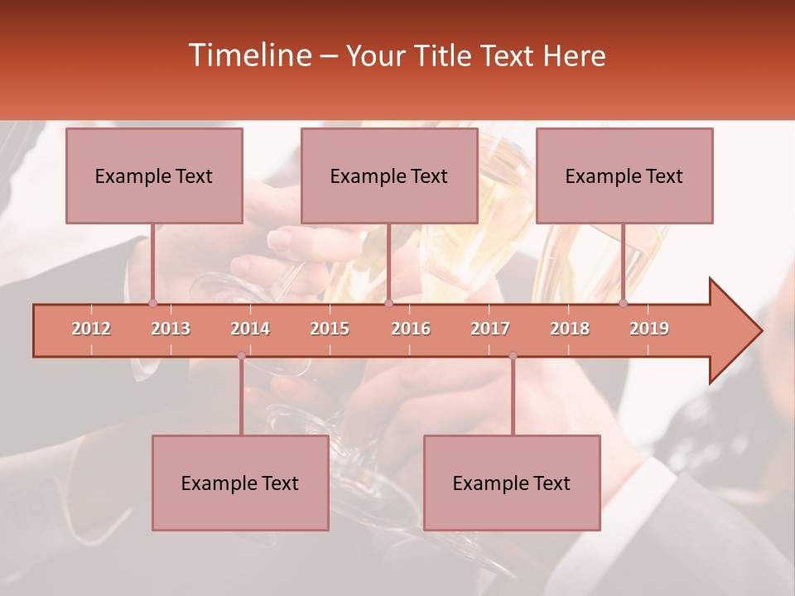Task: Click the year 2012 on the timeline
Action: pos(91,329)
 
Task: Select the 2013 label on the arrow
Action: pos(171,329)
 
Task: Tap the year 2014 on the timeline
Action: pos(250,329)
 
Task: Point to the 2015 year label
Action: pos(330,329)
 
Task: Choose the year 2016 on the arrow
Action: pos(411,329)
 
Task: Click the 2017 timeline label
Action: pos(490,329)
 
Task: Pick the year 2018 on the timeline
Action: pos(570,329)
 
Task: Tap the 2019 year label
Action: pos(649,329)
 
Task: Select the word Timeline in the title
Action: pos(249,55)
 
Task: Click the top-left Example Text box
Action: pos(154,176)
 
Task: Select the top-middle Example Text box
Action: pos(389,176)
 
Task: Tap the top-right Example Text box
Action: pos(624,176)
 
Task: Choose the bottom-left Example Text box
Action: pos(240,483)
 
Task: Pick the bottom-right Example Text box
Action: pos(512,483)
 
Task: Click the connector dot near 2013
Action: pos(152,304)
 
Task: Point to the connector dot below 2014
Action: pos(241,356)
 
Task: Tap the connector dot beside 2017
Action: pos(513,356)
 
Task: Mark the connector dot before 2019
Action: pos(623,304)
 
